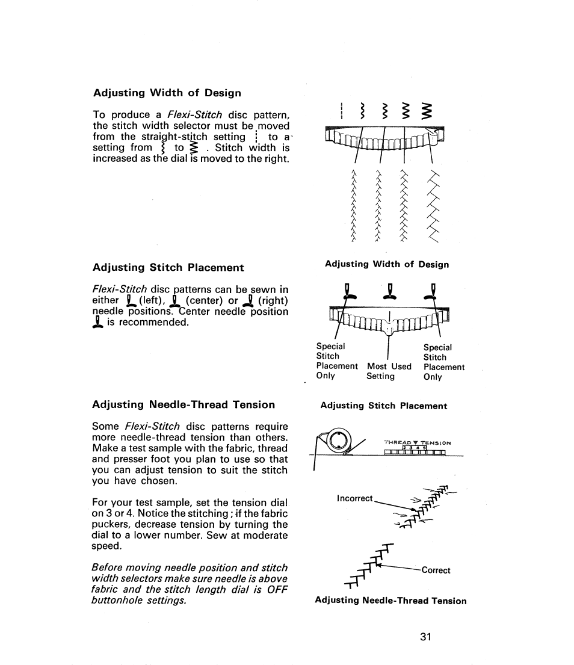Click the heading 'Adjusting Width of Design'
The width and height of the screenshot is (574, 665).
pos(167,93)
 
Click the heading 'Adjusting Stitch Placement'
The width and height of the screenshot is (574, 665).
pos(168,267)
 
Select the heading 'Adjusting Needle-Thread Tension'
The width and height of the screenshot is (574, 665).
pos(184,404)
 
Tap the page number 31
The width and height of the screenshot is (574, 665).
pos(427,637)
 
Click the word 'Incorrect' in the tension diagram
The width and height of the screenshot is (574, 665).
pos(355,498)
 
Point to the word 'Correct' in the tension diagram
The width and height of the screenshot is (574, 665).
pos(436,570)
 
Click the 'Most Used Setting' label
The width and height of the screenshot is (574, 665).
pos(389,371)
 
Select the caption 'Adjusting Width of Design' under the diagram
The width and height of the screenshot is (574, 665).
pos(386,264)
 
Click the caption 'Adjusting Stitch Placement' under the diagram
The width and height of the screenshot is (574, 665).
pos(383,406)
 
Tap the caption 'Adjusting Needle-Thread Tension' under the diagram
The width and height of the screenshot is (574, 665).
pos(390,600)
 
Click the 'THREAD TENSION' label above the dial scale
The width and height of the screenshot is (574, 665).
pos(417,442)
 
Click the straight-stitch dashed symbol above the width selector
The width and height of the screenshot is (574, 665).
pos(341,111)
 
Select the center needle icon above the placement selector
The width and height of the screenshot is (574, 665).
pos(390,290)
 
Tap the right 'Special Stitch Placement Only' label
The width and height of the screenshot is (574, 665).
pos(443,362)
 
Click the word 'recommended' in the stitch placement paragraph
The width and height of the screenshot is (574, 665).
pos(153,323)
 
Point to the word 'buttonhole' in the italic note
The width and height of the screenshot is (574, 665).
pos(117,601)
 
